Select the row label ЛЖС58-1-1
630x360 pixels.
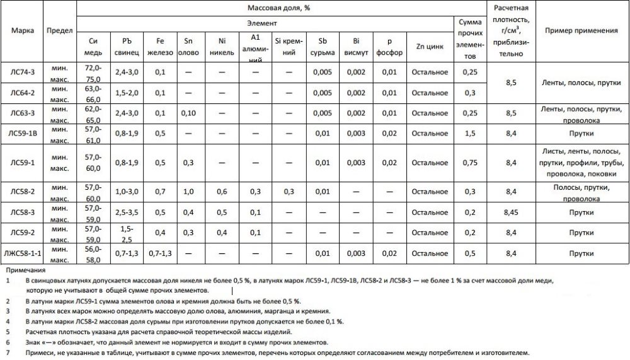(x=23, y=253)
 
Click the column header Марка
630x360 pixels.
(x=23, y=30)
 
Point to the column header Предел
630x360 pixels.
(x=60, y=30)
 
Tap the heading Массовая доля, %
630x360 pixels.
(x=281, y=8)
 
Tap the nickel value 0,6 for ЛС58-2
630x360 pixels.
(x=221, y=191)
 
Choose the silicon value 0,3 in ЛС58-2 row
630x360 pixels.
(x=289, y=191)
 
